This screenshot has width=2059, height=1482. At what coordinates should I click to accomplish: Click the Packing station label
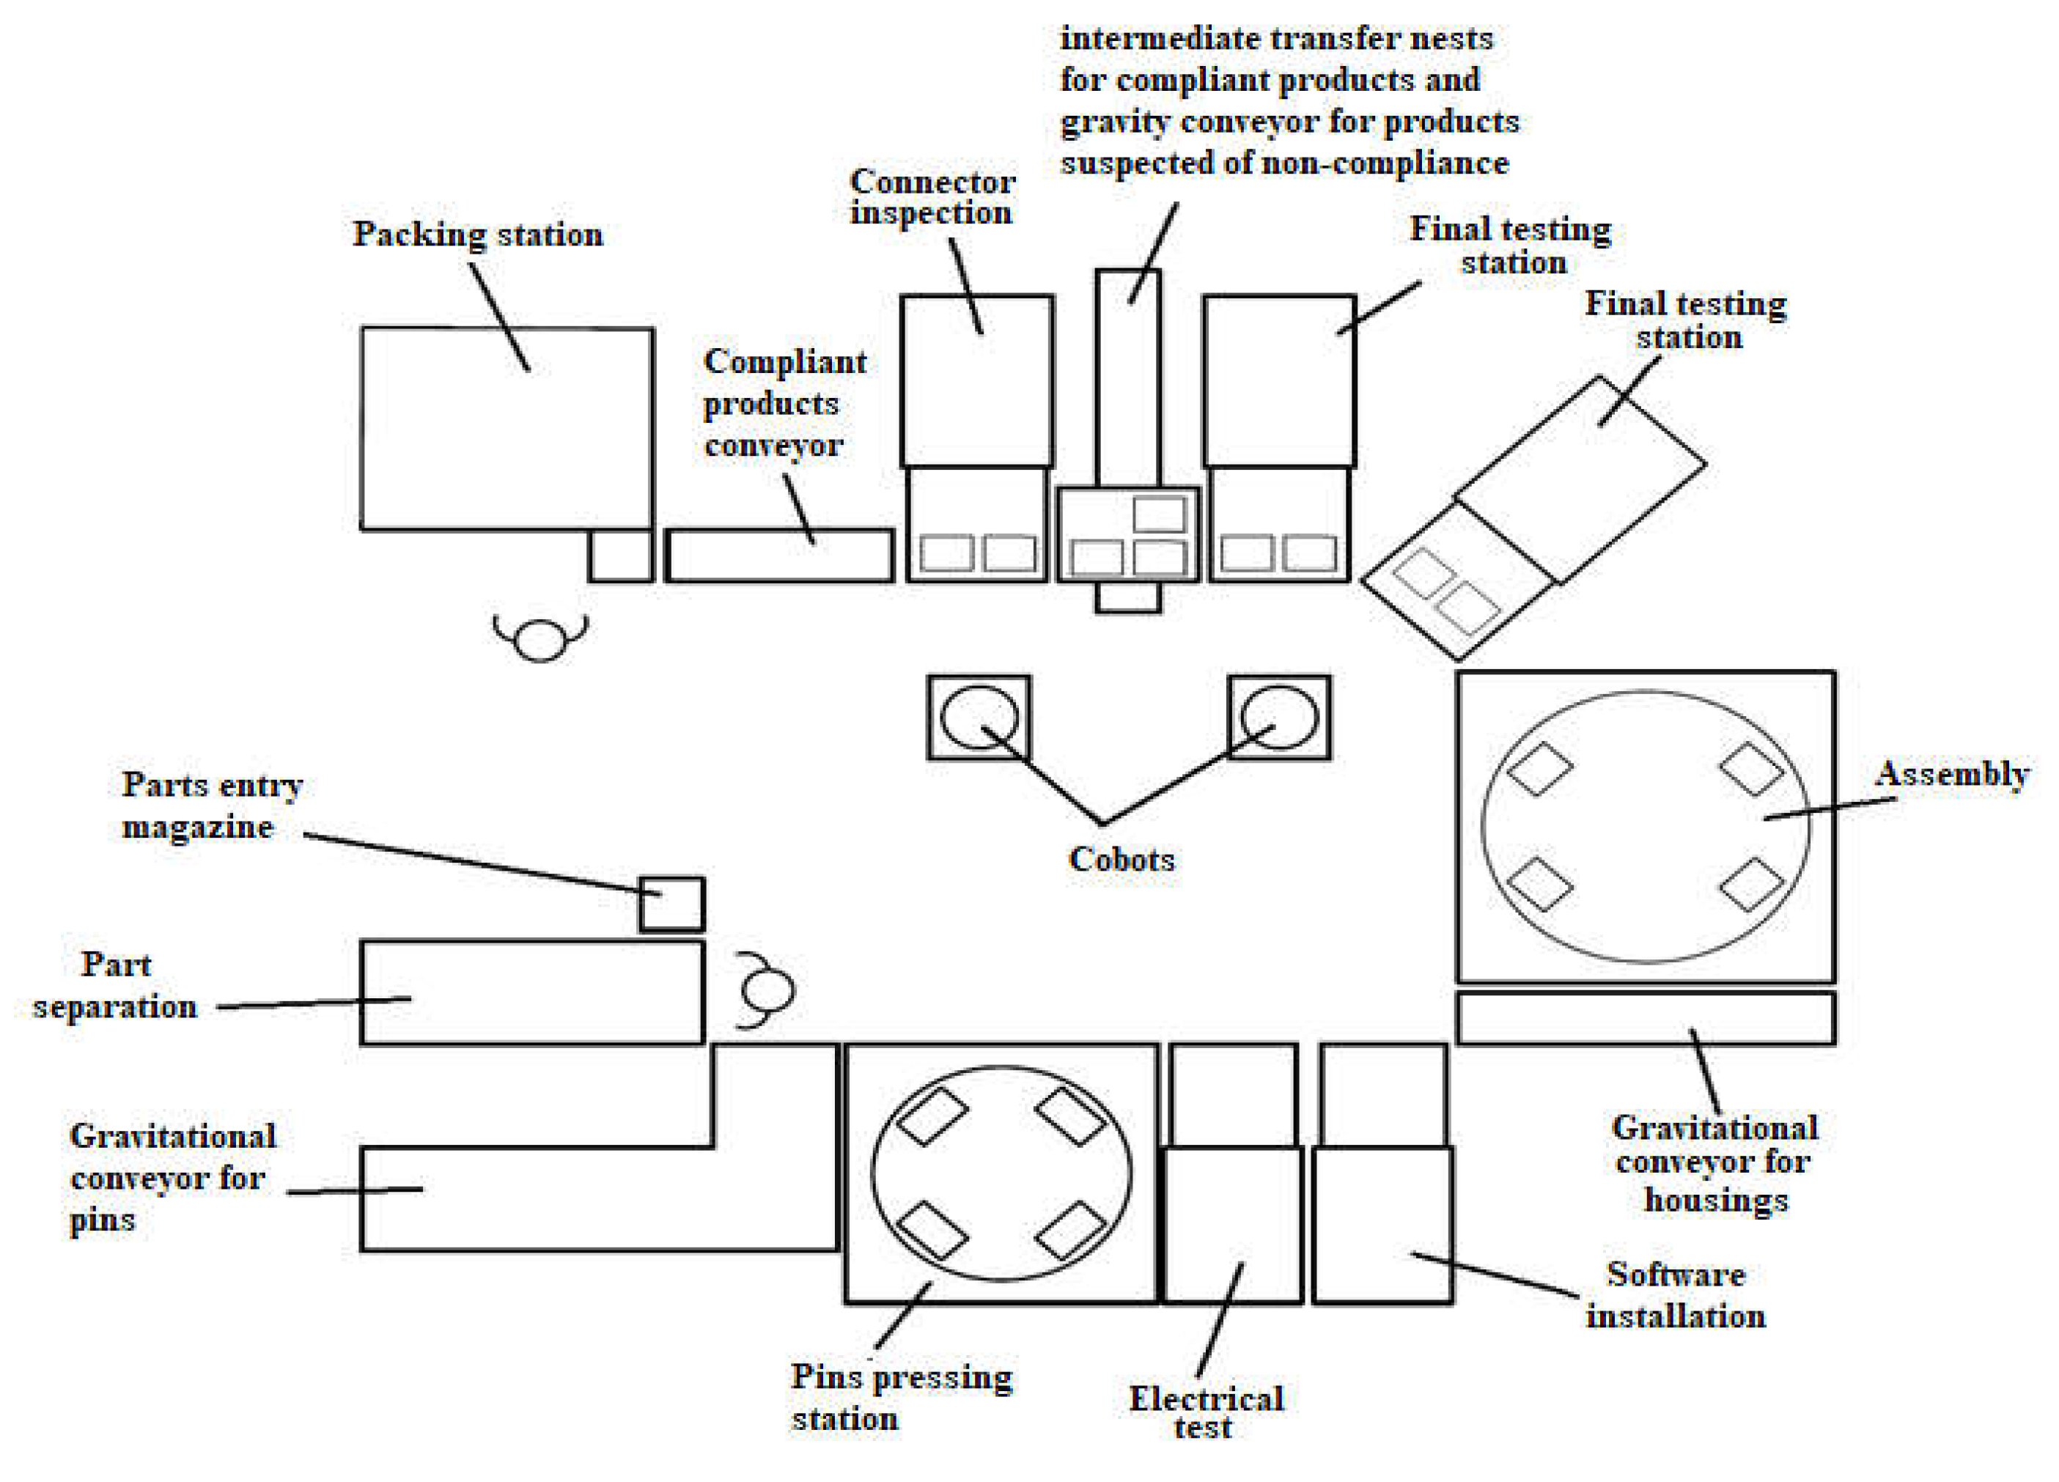point(477,234)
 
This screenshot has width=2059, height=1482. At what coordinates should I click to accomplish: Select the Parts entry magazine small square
point(672,904)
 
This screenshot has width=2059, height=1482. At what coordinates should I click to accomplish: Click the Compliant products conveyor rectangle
point(780,556)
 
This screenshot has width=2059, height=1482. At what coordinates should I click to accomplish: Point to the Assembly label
point(1952,774)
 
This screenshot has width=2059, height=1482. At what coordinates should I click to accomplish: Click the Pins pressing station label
point(902,1397)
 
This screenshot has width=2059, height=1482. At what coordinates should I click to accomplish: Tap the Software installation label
point(1676,1295)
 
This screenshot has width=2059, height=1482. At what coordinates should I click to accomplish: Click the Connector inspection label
point(932,196)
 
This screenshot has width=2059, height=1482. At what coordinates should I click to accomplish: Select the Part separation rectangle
point(532,993)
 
